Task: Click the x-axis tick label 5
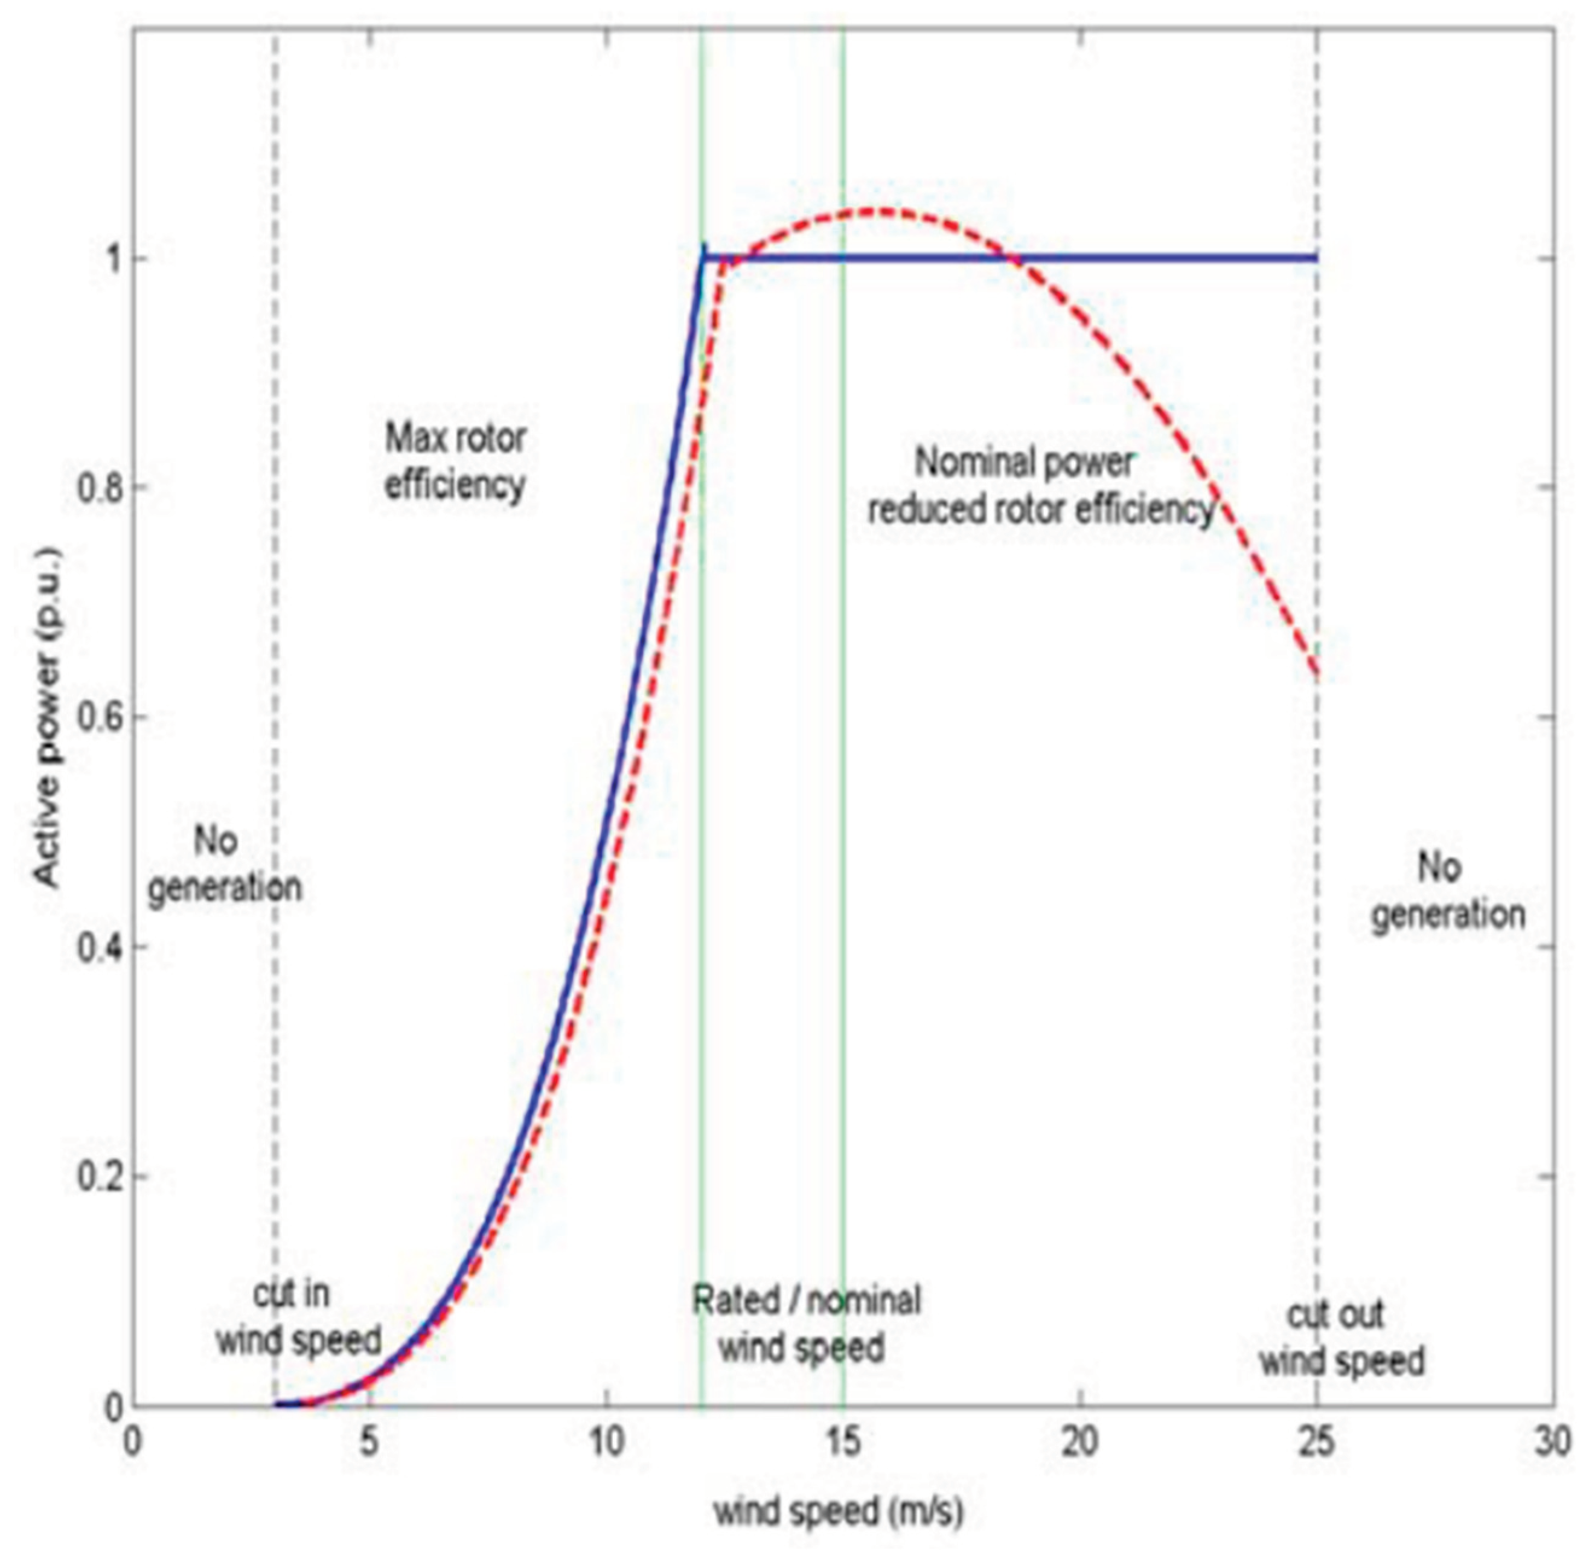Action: (x=369, y=1442)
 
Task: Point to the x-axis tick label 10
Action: (x=606, y=1442)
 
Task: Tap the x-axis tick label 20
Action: (x=1080, y=1442)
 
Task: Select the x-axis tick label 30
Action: (x=1552, y=1442)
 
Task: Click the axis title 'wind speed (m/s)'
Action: (x=839, y=1511)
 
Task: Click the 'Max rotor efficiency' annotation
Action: (x=455, y=462)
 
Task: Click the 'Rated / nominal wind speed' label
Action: (x=805, y=1323)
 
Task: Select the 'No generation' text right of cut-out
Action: (x=1447, y=891)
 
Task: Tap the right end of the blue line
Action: (x=1316, y=258)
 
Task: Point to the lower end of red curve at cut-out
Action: (x=1316, y=674)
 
